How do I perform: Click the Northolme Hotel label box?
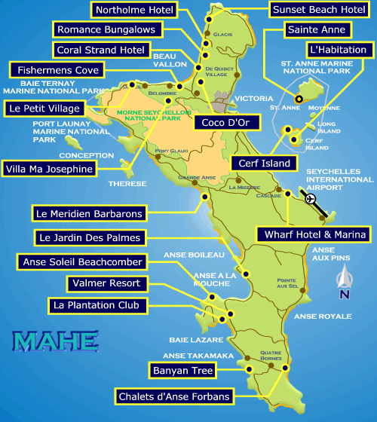click(x=133, y=11)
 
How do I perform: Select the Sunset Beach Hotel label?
click(x=318, y=10)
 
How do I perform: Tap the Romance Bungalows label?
click(x=107, y=30)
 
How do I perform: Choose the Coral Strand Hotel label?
click(x=100, y=50)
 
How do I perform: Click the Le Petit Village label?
click(x=44, y=109)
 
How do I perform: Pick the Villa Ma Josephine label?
click(x=50, y=169)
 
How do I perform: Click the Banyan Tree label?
click(x=182, y=370)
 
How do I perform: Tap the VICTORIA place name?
click(x=254, y=99)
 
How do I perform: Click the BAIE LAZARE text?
click(x=188, y=339)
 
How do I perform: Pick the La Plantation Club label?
click(x=96, y=305)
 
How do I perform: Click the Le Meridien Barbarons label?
click(x=89, y=214)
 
